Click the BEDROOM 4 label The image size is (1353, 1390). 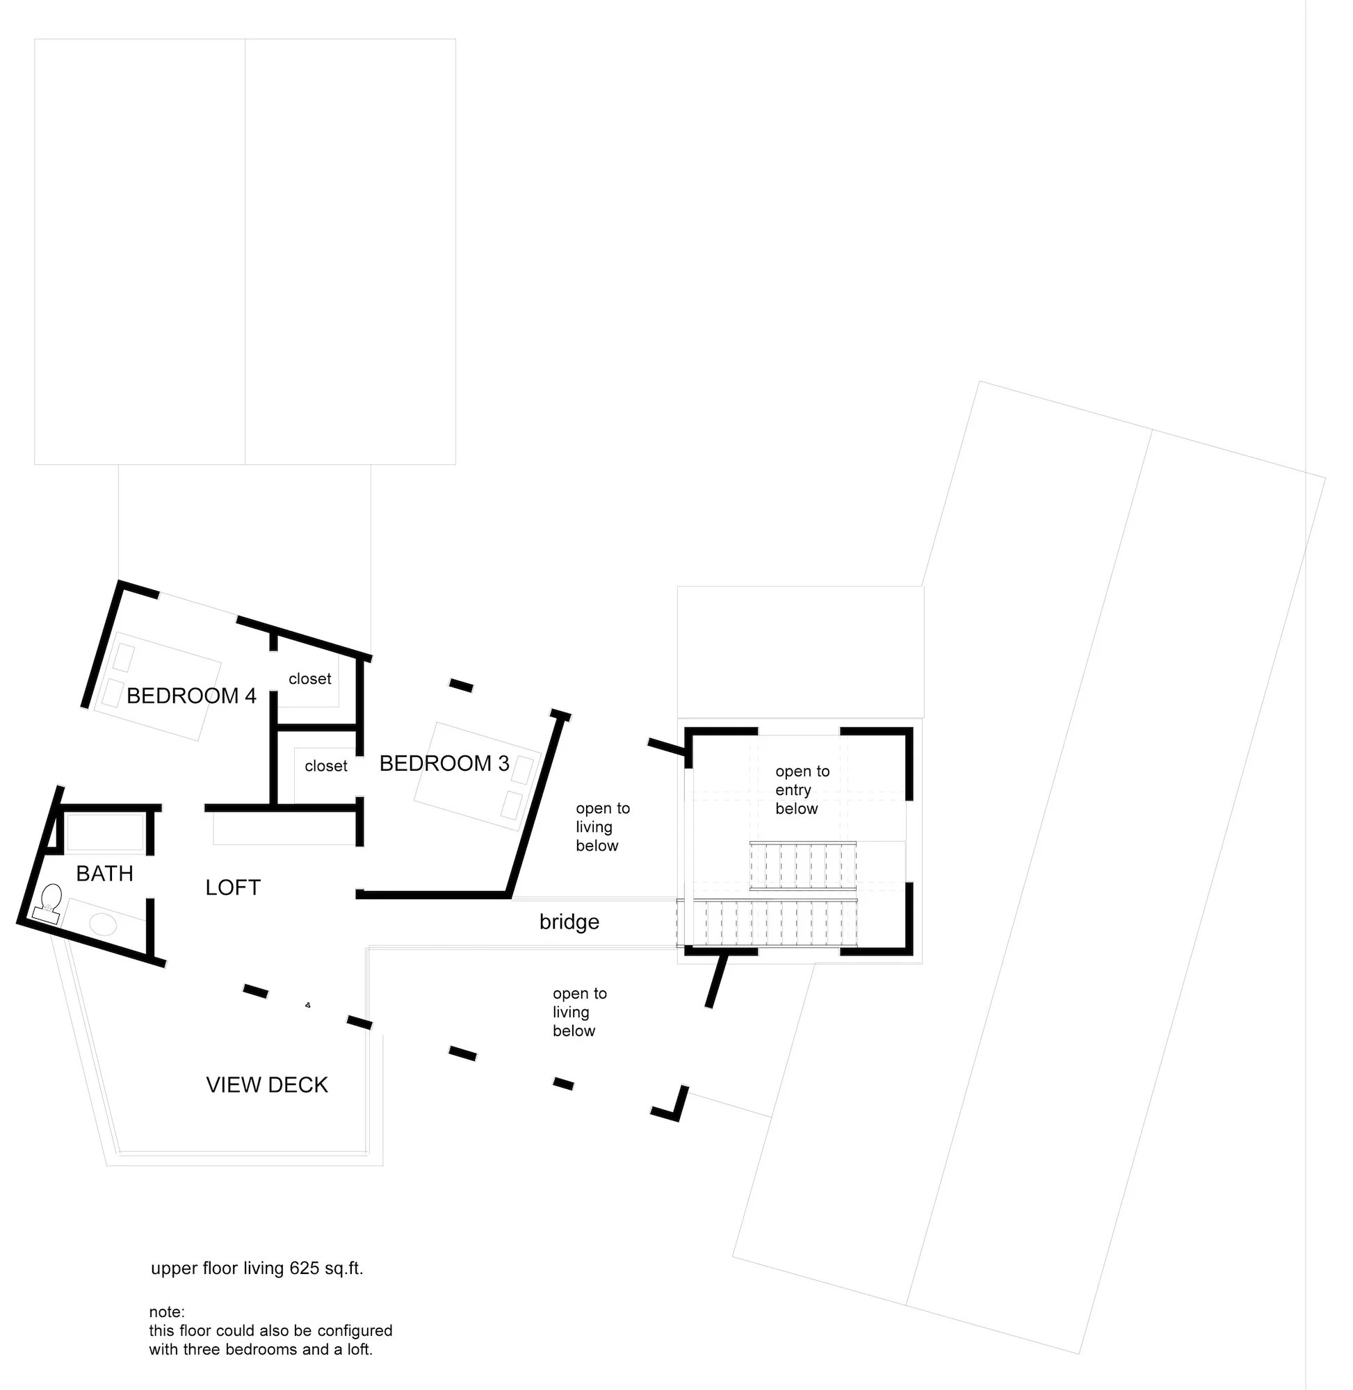(191, 696)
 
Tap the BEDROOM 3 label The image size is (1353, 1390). (444, 763)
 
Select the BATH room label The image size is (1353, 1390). (104, 873)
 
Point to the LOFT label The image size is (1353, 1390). (233, 887)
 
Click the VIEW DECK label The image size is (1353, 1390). (267, 1085)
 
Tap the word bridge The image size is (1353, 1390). (569, 922)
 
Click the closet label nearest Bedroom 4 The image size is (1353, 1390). (310, 678)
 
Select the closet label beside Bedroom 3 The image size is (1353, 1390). (326, 766)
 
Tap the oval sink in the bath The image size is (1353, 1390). (102, 924)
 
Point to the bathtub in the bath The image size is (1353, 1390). (105, 833)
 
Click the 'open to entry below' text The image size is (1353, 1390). (802, 790)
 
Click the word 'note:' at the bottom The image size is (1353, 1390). (166, 1312)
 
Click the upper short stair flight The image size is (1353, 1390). (803, 864)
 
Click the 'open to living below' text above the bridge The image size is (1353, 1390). (602, 827)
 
